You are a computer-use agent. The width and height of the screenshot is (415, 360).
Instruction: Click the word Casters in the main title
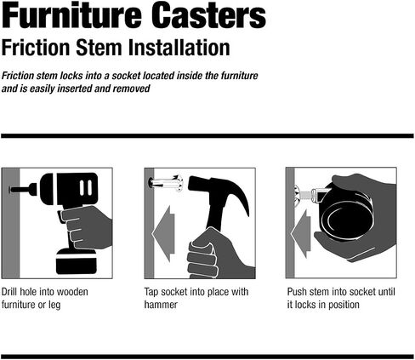pyautogui.click(x=210, y=14)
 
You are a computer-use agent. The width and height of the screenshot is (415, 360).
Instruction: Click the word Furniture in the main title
pyautogui.click(x=71, y=14)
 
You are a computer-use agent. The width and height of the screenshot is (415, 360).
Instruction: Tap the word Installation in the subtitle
pyautogui.click(x=179, y=48)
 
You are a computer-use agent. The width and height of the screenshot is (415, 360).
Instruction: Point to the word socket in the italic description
pyautogui.click(x=126, y=76)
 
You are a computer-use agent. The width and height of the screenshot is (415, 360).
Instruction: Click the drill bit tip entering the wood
pyautogui.click(x=11, y=190)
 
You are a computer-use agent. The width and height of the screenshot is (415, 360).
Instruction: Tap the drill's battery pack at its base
pyautogui.click(x=77, y=261)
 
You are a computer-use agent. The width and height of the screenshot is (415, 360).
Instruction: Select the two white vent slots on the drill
pyautogui.click(x=86, y=188)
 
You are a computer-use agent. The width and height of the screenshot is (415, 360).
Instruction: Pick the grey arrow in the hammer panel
pyautogui.click(x=163, y=234)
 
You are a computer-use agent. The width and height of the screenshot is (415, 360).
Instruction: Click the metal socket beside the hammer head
pyautogui.click(x=166, y=184)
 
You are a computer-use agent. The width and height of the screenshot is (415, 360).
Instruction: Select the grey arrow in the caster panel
pyautogui.click(x=301, y=234)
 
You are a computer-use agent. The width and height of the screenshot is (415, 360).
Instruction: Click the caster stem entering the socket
pyautogui.click(x=308, y=195)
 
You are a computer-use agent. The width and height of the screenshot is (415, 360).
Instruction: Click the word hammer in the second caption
pyautogui.click(x=161, y=305)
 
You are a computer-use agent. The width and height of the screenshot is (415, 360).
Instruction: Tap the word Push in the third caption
pyautogui.click(x=297, y=292)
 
